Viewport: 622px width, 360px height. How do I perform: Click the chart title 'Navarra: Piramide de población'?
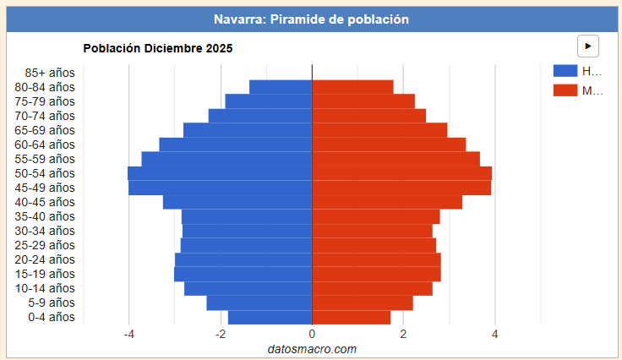[x=311, y=19]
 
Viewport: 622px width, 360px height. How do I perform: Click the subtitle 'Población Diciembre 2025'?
[x=157, y=48]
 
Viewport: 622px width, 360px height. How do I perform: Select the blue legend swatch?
[x=565, y=71]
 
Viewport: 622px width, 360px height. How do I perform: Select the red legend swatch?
[x=565, y=90]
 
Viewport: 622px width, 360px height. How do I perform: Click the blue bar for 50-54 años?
[x=220, y=173]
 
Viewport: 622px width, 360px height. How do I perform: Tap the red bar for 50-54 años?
[x=401, y=173]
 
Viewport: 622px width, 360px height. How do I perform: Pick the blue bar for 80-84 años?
[x=281, y=87]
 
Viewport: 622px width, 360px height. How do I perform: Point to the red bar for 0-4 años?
[x=351, y=318]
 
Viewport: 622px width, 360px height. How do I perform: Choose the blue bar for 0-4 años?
[x=270, y=318]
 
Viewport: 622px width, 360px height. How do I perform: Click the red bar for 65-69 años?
[x=379, y=130]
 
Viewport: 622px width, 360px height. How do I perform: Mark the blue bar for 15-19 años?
[x=243, y=274]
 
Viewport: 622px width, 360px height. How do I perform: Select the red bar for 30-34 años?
[x=372, y=231]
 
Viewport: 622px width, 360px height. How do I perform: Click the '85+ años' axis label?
[x=50, y=73]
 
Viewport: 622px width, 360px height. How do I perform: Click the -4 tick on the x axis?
[x=129, y=334]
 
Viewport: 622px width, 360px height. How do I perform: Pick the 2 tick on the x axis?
[x=403, y=334]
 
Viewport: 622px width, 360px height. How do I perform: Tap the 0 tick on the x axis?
[x=312, y=334]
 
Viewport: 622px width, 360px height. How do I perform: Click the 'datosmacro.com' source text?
[x=312, y=349]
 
